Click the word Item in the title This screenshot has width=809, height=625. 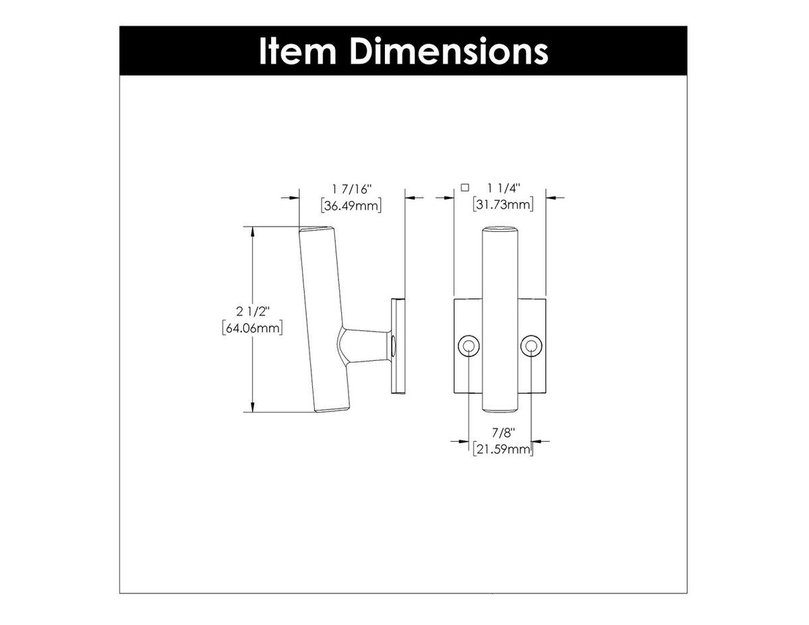tap(298, 51)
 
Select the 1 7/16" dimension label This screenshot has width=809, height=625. tap(352, 191)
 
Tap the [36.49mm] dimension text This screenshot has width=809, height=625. tap(352, 206)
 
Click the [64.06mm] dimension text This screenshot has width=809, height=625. tap(251, 328)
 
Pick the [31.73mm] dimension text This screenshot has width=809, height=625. tap(504, 206)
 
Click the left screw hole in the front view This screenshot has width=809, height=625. tap(468, 347)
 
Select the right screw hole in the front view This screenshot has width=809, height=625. tap(531, 347)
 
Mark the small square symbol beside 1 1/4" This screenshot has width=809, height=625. tap(464, 188)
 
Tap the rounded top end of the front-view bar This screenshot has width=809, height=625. tap(500, 231)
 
